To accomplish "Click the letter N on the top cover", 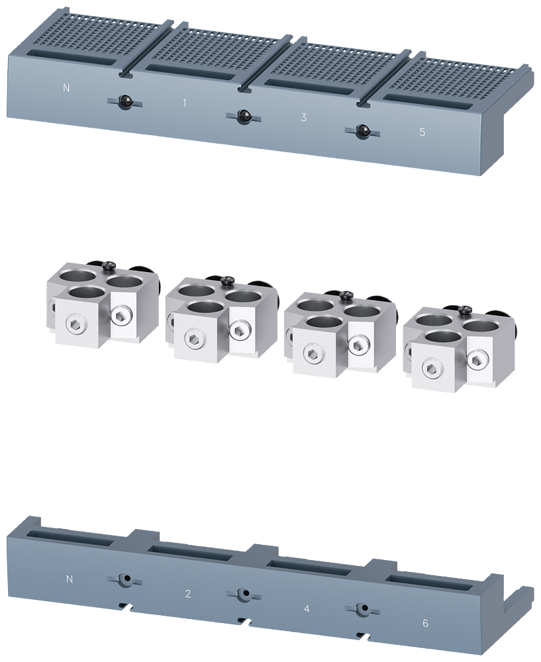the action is click(66, 88).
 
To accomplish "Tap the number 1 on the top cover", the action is click(184, 103).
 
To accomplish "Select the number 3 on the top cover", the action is click(303, 117).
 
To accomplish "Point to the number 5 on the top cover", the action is click(422, 132).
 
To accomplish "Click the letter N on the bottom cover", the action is click(70, 579).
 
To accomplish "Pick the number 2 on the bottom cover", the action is click(188, 594).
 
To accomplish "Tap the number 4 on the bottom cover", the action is click(307, 609).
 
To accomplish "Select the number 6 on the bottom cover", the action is click(425, 623).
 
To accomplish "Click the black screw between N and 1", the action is click(124, 102).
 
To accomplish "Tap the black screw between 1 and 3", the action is click(243, 116).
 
